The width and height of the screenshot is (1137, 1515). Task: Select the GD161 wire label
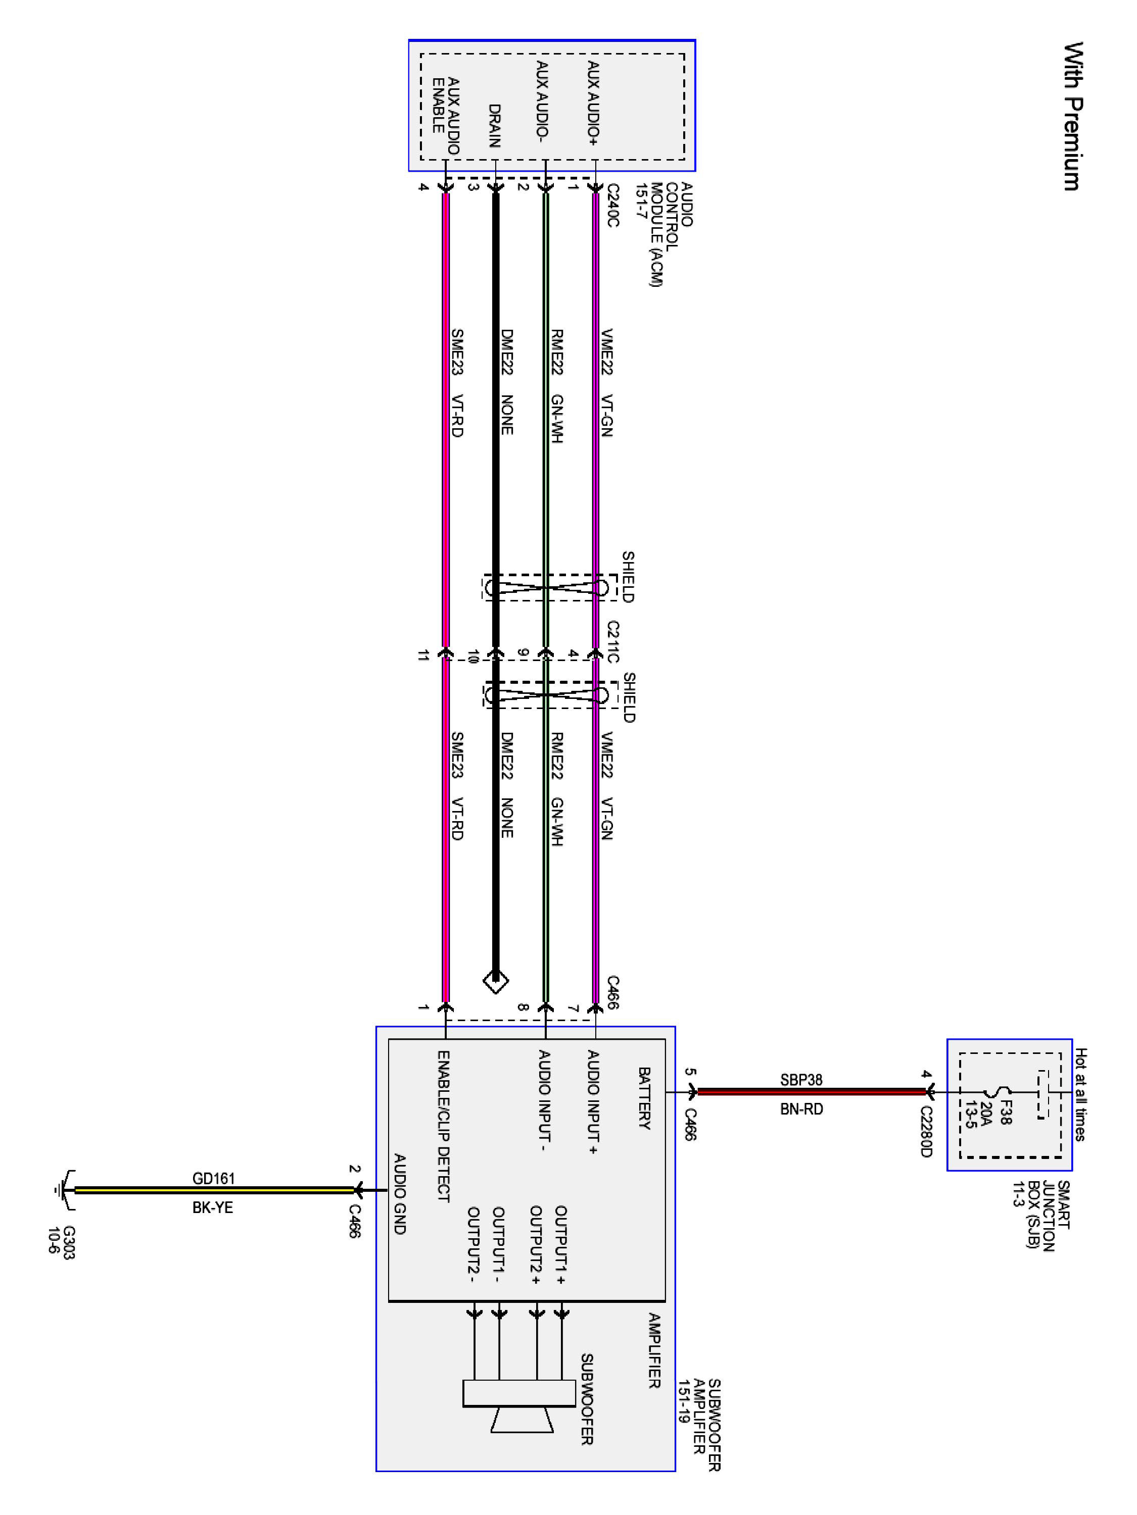(213, 1178)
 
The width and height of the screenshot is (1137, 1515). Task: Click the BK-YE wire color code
(212, 1207)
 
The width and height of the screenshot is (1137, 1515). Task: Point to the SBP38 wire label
(800, 1080)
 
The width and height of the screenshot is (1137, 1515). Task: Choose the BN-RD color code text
(801, 1109)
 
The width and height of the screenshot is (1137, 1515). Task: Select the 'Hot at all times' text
(1080, 1094)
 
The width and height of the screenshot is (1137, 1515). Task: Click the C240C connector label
(612, 205)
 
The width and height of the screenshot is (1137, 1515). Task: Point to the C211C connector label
(612, 642)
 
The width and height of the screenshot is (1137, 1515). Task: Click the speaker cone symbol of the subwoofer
(522, 1421)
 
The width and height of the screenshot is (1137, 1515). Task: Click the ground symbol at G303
(60, 1190)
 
